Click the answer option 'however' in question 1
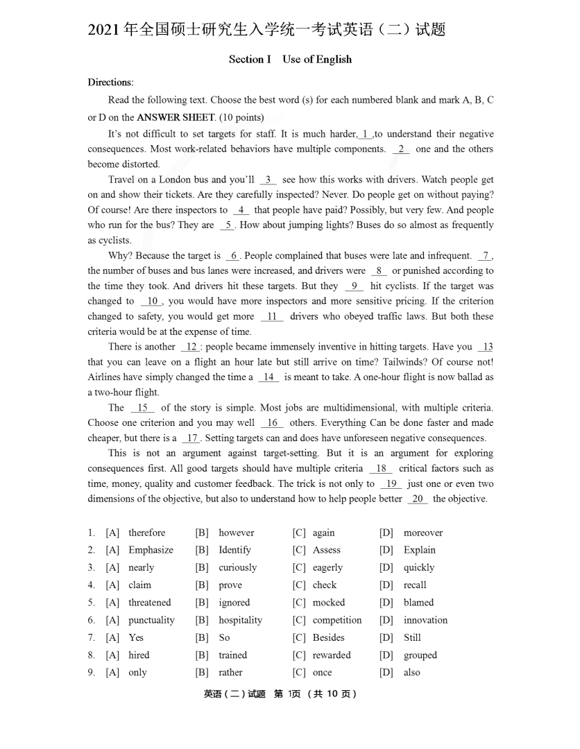pyautogui.click(x=236, y=533)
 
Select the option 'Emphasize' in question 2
pyautogui.click(x=151, y=550)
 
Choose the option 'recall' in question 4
pyautogui.click(x=415, y=585)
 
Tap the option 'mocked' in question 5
pyautogui.click(x=328, y=603)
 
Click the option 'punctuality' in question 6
pyautogui.click(x=151, y=620)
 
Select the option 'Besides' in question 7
pyautogui.click(x=328, y=637)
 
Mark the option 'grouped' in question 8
pyautogui.click(x=420, y=655)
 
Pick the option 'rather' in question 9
pyautogui.click(x=230, y=672)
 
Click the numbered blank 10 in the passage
pyautogui.click(x=152, y=301)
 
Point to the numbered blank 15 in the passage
pyautogui.click(x=142, y=408)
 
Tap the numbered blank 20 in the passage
pyautogui.click(x=418, y=499)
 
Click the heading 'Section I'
pyautogui.click(x=250, y=60)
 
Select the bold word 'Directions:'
pyautogui.click(x=110, y=83)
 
